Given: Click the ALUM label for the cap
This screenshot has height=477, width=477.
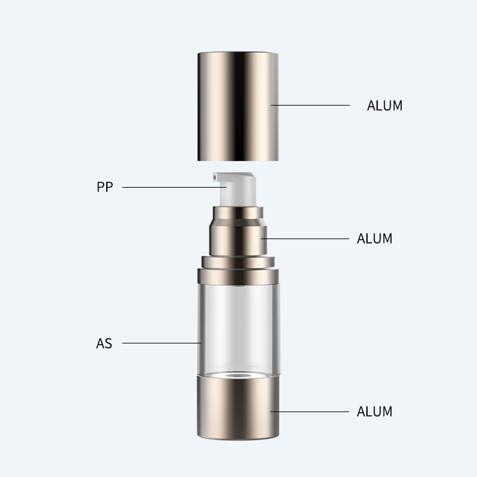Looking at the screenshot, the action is coord(385,106).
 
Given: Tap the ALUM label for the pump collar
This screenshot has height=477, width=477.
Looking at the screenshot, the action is coord(375,238).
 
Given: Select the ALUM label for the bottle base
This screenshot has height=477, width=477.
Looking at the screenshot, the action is coord(375,411).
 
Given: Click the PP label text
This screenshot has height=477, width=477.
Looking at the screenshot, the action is coord(105,187).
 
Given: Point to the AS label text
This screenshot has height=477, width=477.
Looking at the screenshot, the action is coord(104,343).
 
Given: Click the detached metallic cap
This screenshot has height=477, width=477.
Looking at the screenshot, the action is coord(238,106).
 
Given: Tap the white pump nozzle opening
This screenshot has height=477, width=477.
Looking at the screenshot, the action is coord(215,177).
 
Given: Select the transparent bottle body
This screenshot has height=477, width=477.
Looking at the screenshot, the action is coord(238,330).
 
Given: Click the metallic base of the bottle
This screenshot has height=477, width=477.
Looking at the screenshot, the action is coord(238,408).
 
